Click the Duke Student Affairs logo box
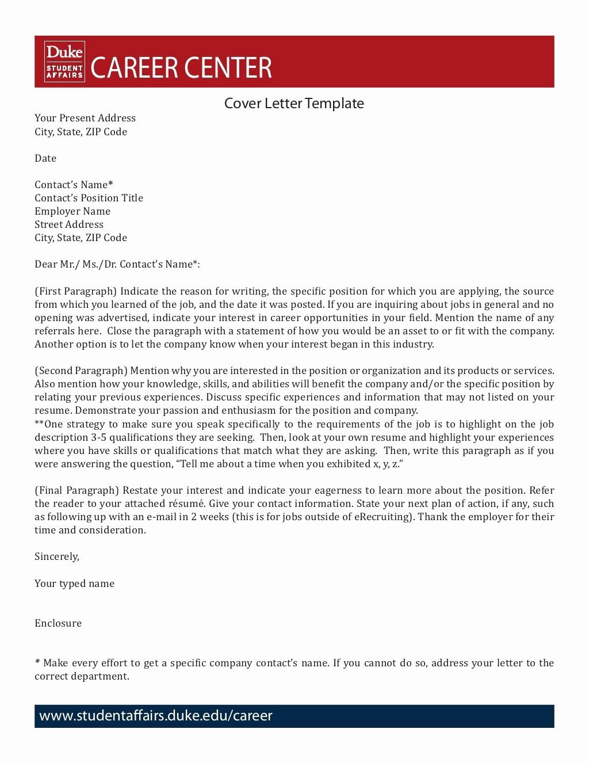(64, 62)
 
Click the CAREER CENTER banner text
(181, 68)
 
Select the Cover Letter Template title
(294, 104)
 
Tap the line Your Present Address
(85, 118)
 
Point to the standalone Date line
(45, 158)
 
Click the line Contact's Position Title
(89, 198)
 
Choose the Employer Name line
(72, 211)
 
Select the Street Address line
(69, 224)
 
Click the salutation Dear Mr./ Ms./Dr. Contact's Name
(117, 264)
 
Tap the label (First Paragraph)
(75, 291)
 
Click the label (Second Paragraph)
(81, 371)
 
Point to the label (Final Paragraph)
(77, 490)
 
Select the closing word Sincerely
(57, 556)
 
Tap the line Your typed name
(74, 583)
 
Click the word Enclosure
(58, 623)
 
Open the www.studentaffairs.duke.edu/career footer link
(156, 716)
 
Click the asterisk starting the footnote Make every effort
(37, 662)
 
